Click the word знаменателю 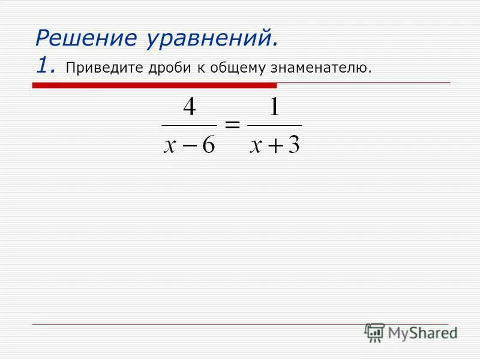[321, 67]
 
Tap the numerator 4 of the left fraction [189, 108]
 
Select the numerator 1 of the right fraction [275, 108]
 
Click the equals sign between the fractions [232, 125]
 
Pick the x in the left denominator [170, 145]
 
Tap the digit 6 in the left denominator [208, 143]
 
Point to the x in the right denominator [256, 145]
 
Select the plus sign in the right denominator [274, 145]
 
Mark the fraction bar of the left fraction [189, 125]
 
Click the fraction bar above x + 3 [274, 125]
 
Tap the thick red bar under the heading [154, 85]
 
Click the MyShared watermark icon [374, 332]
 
